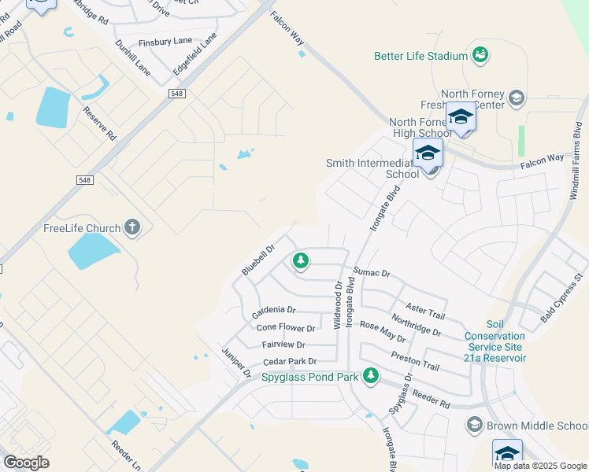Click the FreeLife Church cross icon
[x=132, y=228]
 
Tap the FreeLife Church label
[x=82, y=229]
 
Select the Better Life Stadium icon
[x=480, y=54]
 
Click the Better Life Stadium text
[x=420, y=56]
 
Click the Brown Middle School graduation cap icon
[x=474, y=426]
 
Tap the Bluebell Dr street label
[x=257, y=260]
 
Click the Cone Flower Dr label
[x=286, y=328]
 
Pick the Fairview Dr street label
[x=283, y=345]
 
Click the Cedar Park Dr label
[x=290, y=361]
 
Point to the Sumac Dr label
[x=372, y=272]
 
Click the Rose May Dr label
[x=382, y=330]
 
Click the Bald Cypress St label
[x=561, y=301]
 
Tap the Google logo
[x=27, y=463]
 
